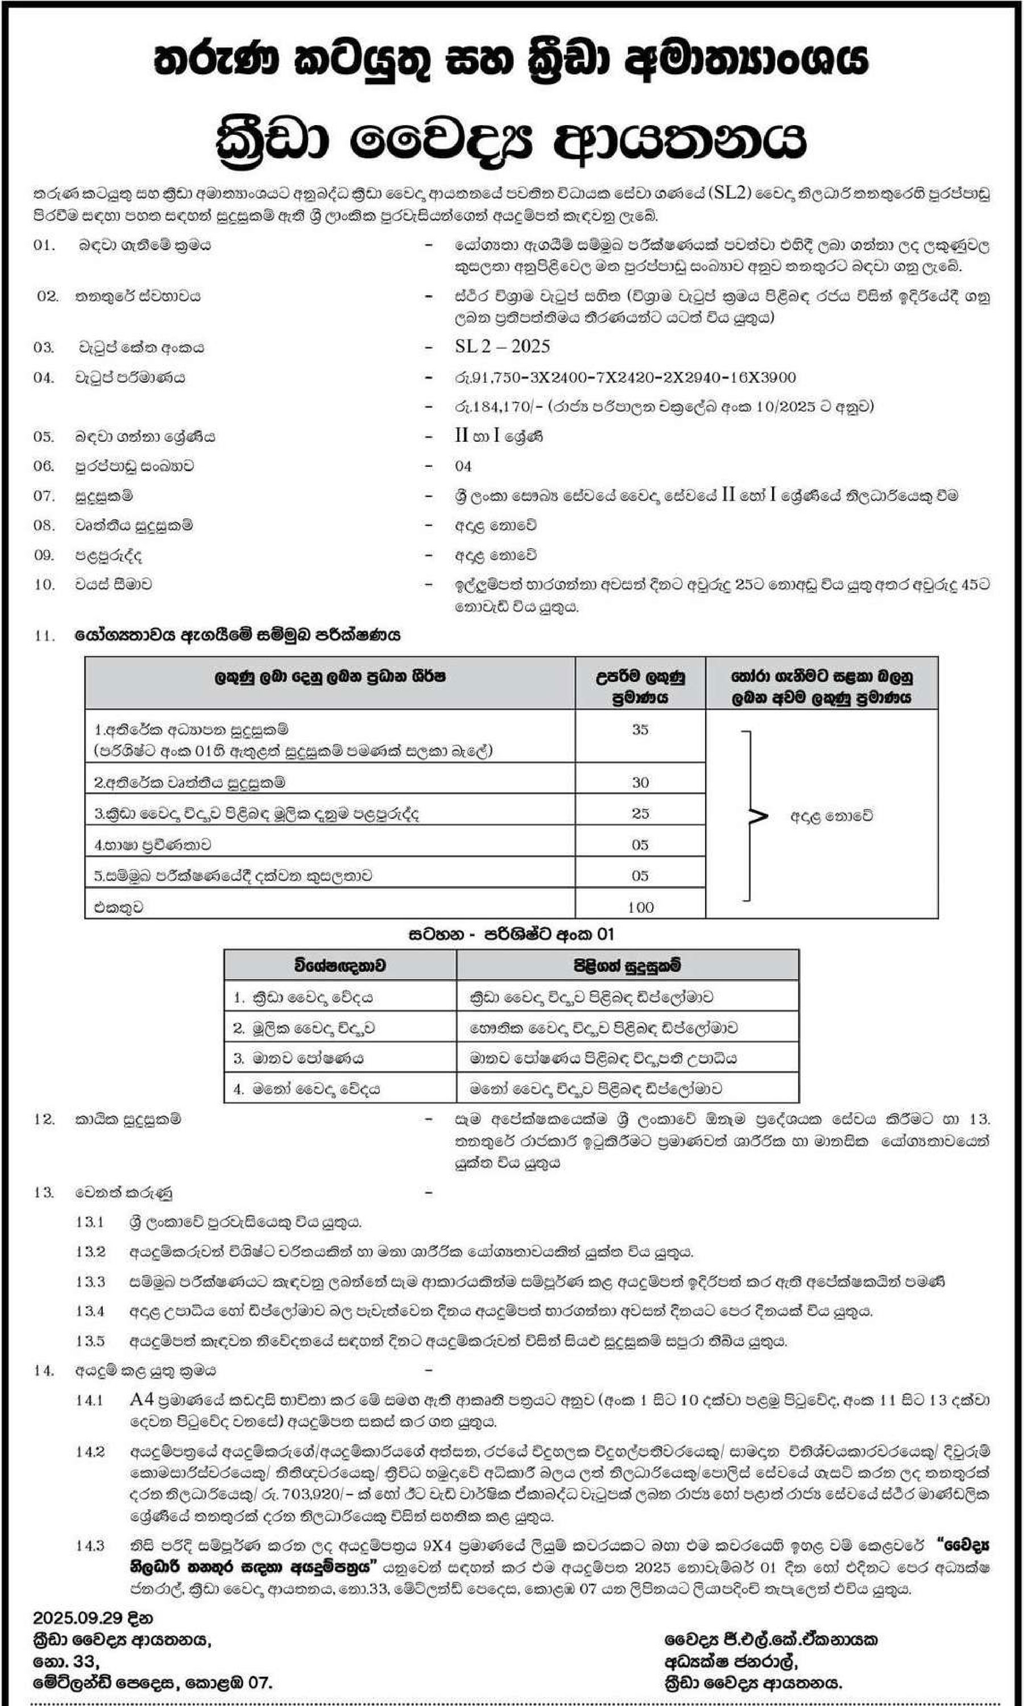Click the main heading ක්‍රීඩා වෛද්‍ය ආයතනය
(511, 140)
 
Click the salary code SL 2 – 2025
(501, 346)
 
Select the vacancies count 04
(463, 466)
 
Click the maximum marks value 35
(640, 730)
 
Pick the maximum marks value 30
(640, 782)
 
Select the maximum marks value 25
(640, 813)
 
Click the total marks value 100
(640, 907)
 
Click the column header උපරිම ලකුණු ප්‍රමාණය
(640, 687)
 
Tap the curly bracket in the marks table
(752, 815)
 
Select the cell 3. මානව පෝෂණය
(298, 1058)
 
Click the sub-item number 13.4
(90, 1311)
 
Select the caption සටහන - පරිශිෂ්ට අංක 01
(511, 934)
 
